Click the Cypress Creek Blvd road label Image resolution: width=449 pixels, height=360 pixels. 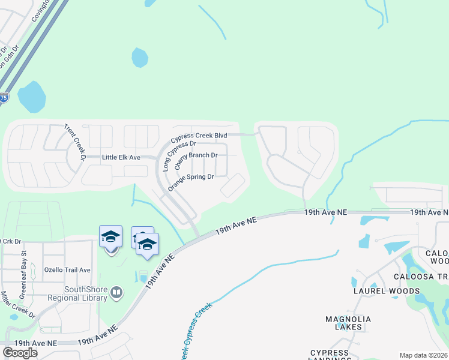click(x=200, y=136)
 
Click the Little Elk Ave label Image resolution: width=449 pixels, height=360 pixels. click(x=121, y=157)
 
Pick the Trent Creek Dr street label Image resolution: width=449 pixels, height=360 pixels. click(x=77, y=142)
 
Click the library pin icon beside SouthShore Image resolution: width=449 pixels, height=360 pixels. click(x=116, y=293)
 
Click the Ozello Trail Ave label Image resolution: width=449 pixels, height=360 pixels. click(x=67, y=270)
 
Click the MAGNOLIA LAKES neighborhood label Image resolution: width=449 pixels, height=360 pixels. click(x=348, y=323)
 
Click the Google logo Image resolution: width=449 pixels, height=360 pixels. click(x=20, y=352)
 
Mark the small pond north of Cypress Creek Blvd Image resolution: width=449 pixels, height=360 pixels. click(x=140, y=58)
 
